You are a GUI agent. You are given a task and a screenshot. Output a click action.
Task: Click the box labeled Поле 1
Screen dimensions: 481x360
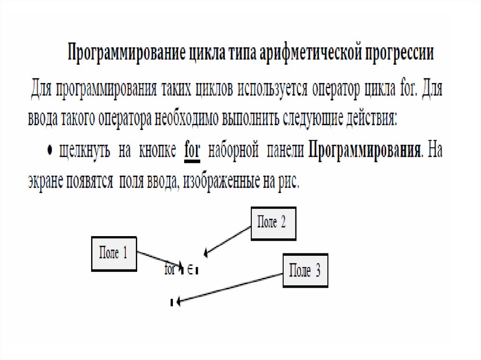click(113, 254)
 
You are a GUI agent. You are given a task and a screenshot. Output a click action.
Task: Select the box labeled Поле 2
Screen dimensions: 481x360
click(273, 223)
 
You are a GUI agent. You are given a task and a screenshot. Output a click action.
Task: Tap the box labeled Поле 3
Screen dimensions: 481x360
click(305, 271)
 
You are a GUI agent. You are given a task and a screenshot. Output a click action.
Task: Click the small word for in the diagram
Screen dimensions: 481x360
click(170, 270)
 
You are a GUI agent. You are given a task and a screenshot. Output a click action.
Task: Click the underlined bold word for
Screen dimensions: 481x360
click(192, 152)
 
